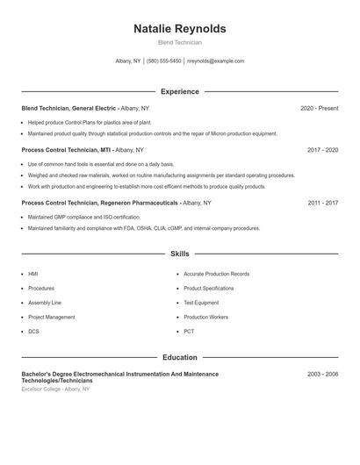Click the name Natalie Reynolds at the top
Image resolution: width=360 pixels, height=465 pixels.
pos(179,29)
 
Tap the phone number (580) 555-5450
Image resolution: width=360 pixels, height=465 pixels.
pos(163,61)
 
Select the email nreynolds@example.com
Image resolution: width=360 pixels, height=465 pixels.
pos(215,61)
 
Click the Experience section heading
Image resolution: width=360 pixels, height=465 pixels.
pos(179,91)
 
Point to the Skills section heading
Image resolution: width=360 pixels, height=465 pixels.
pos(179,254)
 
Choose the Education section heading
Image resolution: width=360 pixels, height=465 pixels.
pos(179,357)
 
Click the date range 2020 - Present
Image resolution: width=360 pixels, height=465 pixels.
pos(319,108)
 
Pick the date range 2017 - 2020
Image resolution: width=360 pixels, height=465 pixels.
pos(322,150)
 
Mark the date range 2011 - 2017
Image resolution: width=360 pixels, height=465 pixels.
pos(322,203)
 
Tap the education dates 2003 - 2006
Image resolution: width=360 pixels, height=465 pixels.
pos(322,374)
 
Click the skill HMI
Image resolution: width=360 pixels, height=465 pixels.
pos(33,274)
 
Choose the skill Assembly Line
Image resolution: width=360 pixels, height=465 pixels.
pos(45,303)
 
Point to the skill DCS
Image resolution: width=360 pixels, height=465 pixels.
pos(33,332)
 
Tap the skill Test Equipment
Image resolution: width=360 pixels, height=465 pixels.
pos(201,303)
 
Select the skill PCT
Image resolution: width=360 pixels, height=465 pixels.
pos(189,332)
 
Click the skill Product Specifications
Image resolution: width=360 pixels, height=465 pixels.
pos(208,289)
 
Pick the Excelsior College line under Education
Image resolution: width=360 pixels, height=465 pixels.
pos(55,389)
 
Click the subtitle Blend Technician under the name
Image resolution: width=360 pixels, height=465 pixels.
pos(179,42)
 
